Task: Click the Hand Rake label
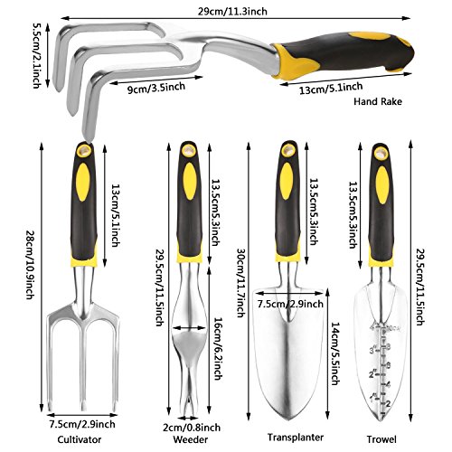378,101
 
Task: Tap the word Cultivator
80,439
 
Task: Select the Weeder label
191,439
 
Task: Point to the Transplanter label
296,438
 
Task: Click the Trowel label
381,439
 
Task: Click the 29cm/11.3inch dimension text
232,12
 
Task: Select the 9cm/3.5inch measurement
156,88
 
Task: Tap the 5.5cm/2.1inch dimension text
37,56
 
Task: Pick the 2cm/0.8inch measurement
192,428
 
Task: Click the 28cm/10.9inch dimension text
31,265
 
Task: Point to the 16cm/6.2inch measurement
218,349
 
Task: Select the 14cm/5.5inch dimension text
335,353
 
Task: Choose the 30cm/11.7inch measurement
241,283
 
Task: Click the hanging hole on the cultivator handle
84,150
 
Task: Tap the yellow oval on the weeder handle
190,181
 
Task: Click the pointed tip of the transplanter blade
288,419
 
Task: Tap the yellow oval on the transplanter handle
287,181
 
